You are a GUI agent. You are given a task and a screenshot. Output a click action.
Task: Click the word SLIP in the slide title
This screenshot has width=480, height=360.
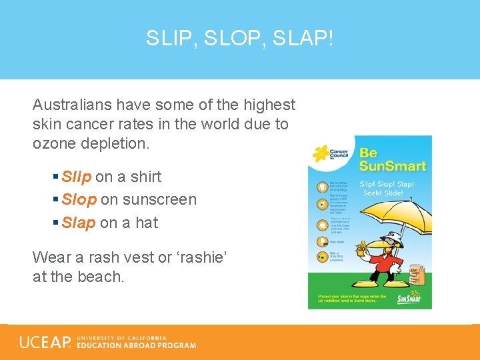(x=169, y=39)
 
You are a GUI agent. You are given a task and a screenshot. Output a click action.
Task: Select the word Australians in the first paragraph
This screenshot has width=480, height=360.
(x=72, y=105)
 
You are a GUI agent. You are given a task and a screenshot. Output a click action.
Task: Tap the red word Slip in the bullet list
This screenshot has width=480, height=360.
(x=76, y=177)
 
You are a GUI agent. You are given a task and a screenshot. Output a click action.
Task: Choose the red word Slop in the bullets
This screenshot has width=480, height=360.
(x=79, y=199)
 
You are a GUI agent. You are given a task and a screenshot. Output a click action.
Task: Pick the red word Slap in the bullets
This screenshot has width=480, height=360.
(x=78, y=223)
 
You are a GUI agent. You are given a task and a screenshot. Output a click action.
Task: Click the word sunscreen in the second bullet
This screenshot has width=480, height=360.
(x=159, y=199)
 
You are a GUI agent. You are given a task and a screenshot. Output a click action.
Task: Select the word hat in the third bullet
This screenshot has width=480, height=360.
(x=147, y=223)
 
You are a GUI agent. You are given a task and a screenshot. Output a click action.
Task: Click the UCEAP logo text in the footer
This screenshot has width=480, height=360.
(x=45, y=342)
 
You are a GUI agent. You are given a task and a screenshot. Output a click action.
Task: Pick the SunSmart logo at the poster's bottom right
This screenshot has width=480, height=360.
(x=409, y=297)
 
